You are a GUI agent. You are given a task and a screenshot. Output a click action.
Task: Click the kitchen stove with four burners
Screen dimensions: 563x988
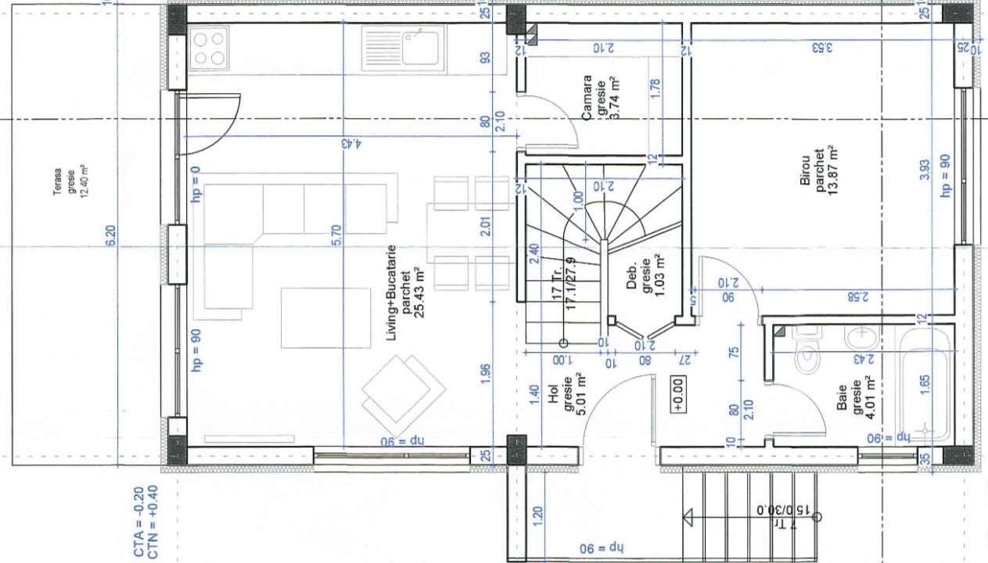[x=209, y=48]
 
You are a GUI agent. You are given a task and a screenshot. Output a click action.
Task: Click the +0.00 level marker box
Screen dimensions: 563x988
[x=677, y=383]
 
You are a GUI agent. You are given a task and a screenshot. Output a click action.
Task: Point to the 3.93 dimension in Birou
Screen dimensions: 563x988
[x=924, y=169]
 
